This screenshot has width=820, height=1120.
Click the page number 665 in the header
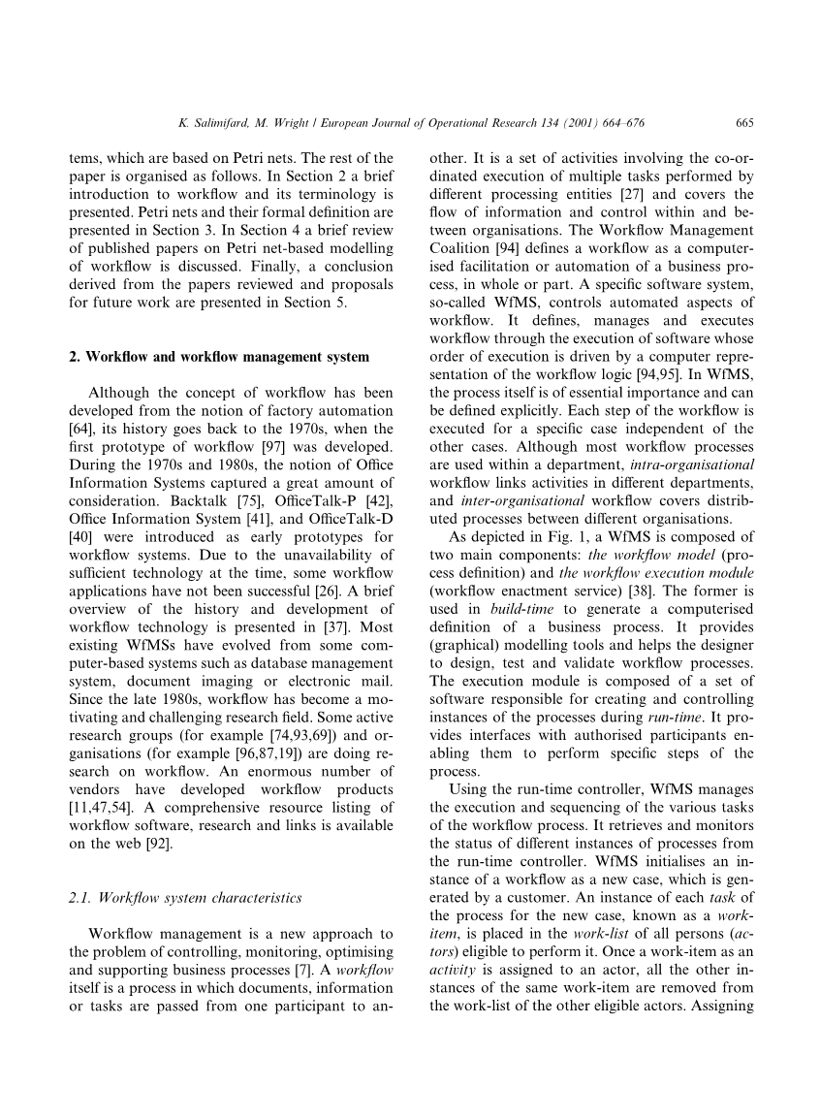pos(744,123)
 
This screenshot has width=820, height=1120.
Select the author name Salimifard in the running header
pos(223,123)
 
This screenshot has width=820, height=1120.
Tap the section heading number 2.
pos(74,357)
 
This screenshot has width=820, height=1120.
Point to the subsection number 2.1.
pos(80,898)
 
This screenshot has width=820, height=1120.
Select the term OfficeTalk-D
pos(354,520)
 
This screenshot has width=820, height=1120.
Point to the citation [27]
pos(621,195)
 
